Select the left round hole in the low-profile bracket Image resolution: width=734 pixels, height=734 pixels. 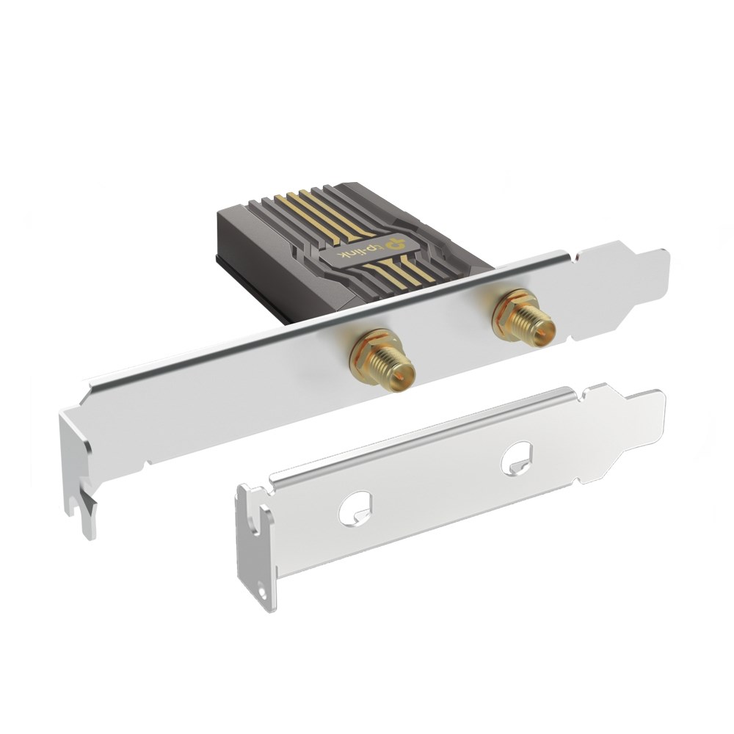click(355, 507)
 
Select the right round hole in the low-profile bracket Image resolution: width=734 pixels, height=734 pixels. click(518, 458)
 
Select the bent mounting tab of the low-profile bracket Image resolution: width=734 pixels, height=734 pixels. click(253, 543)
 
